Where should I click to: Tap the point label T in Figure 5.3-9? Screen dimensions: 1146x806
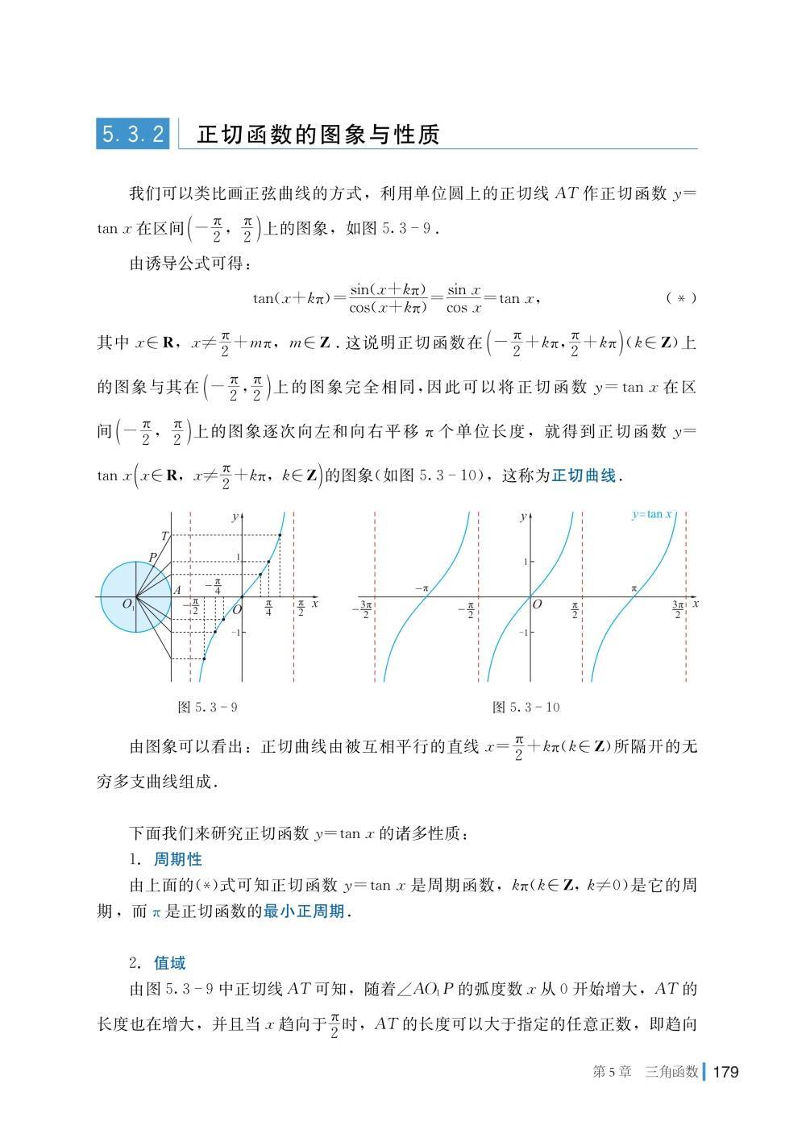(x=164, y=536)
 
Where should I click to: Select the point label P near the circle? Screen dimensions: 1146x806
(x=152, y=557)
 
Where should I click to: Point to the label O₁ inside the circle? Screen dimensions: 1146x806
(x=128, y=604)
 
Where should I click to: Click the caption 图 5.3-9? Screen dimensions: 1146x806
(x=207, y=708)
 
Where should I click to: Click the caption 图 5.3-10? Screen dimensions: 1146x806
(x=526, y=708)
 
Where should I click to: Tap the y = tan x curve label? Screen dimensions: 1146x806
(x=652, y=514)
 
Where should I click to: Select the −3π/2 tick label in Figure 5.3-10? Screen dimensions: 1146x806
(x=364, y=609)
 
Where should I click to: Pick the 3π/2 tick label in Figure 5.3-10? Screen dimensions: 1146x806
(x=679, y=609)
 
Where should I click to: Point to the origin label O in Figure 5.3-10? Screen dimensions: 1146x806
(x=538, y=604)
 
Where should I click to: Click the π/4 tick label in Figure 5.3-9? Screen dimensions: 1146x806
(x=268, y=608)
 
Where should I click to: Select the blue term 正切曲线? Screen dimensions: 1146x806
(x=584, y=475)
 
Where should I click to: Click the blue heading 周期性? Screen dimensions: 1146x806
(x=177, y=859)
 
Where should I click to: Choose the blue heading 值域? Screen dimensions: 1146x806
(x=169, y=963)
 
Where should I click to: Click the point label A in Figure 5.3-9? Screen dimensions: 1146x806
(x=177, y=589)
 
